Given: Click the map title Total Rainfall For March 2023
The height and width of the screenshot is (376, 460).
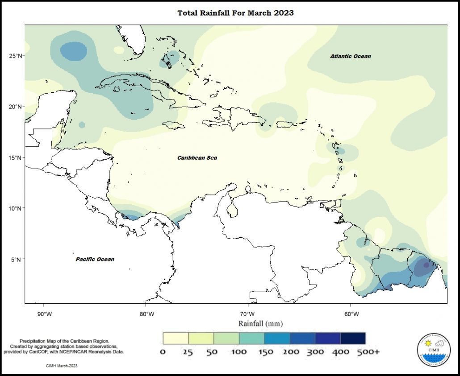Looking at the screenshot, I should click(x=235, y=13).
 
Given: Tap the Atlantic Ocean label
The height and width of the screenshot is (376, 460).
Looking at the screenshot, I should click(x=350, y=56).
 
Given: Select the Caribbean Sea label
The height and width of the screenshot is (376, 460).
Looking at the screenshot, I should click(x=197, y=158).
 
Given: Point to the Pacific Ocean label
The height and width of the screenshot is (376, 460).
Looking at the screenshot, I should click(x=95, y=259).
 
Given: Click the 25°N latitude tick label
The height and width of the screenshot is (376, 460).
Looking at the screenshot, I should click(x=16, y=56).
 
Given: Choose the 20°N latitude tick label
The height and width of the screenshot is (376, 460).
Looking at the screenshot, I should click(x=16, y=107).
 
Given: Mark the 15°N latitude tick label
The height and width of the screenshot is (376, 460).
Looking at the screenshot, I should click(x=16, y=157).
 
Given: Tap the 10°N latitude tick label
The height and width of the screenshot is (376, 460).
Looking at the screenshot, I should click(x=16, y=208).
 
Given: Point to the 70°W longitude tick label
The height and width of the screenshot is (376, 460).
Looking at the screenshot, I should click(x=248, y=314).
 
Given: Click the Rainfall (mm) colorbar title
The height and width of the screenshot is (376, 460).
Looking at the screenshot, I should click(x=260, y=323).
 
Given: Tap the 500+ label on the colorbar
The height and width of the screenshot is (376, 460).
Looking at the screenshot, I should click(x=368, y=352).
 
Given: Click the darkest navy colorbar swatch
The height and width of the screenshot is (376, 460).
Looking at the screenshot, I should click(x=353, y=338).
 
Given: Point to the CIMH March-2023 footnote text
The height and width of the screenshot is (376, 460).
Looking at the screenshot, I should click(x=62, y=366).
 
